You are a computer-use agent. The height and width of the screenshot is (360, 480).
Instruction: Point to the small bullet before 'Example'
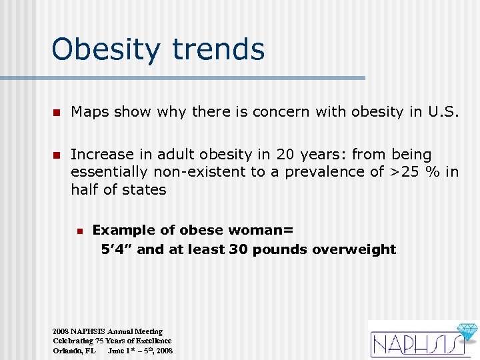tap(79, 231)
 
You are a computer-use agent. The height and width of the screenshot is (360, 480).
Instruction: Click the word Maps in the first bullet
tap(90, 112)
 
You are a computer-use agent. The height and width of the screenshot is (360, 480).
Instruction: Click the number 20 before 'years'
tap(285, 155)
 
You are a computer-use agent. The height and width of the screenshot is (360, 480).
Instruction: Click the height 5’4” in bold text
tap(117, 249)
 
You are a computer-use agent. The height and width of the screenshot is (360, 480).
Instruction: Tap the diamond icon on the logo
tap(466, 332)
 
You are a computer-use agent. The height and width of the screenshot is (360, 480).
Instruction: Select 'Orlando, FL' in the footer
tap(74, 351)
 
